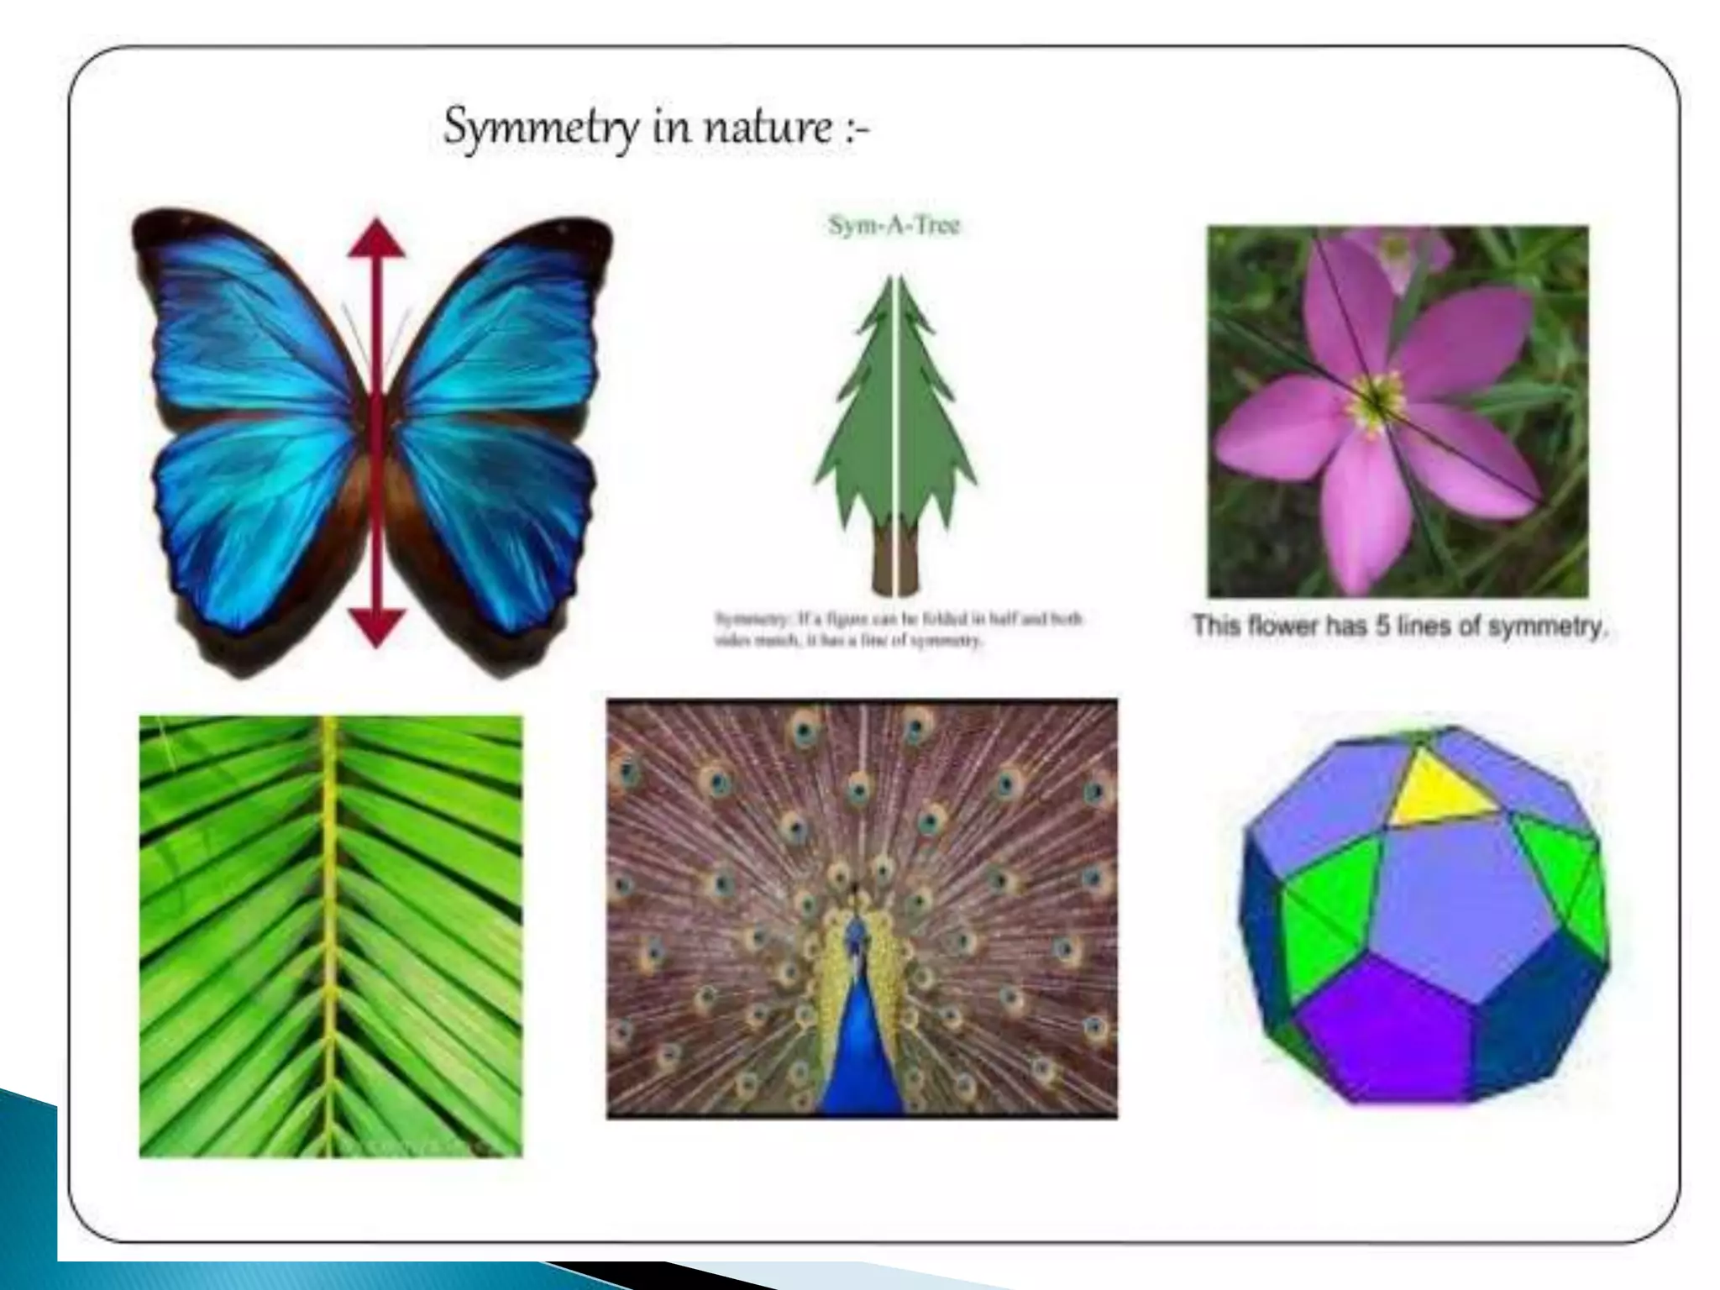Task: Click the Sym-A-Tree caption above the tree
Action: pyautogui.click(x=894, y=226)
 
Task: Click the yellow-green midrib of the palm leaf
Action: pyautogui.click(x=330, y=924)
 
